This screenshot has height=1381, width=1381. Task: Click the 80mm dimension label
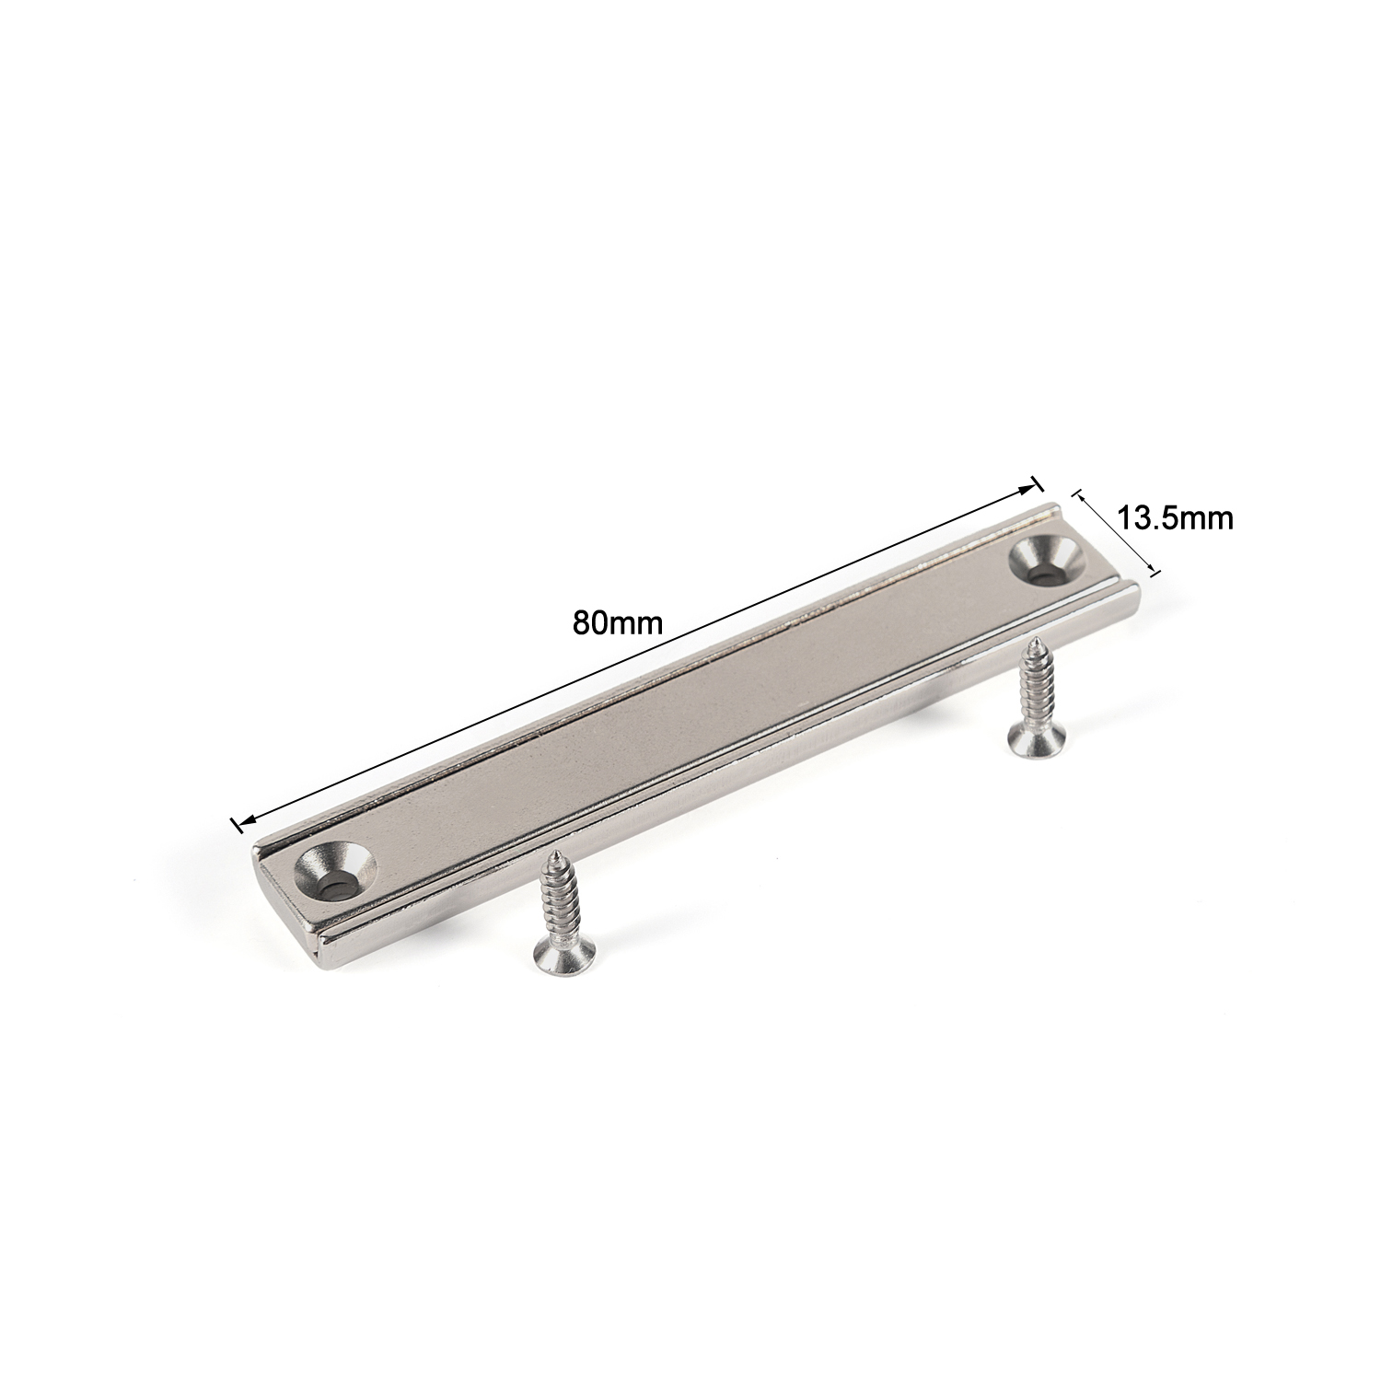pos(618,623)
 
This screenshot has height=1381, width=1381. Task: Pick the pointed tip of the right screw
pos(1034,638)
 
